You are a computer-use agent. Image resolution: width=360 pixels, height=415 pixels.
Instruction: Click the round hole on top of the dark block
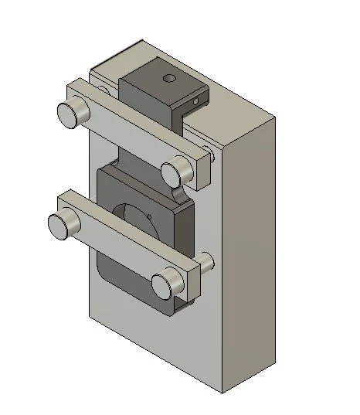(169, 77)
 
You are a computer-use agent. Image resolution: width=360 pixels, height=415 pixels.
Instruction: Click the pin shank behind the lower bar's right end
(207, 263)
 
